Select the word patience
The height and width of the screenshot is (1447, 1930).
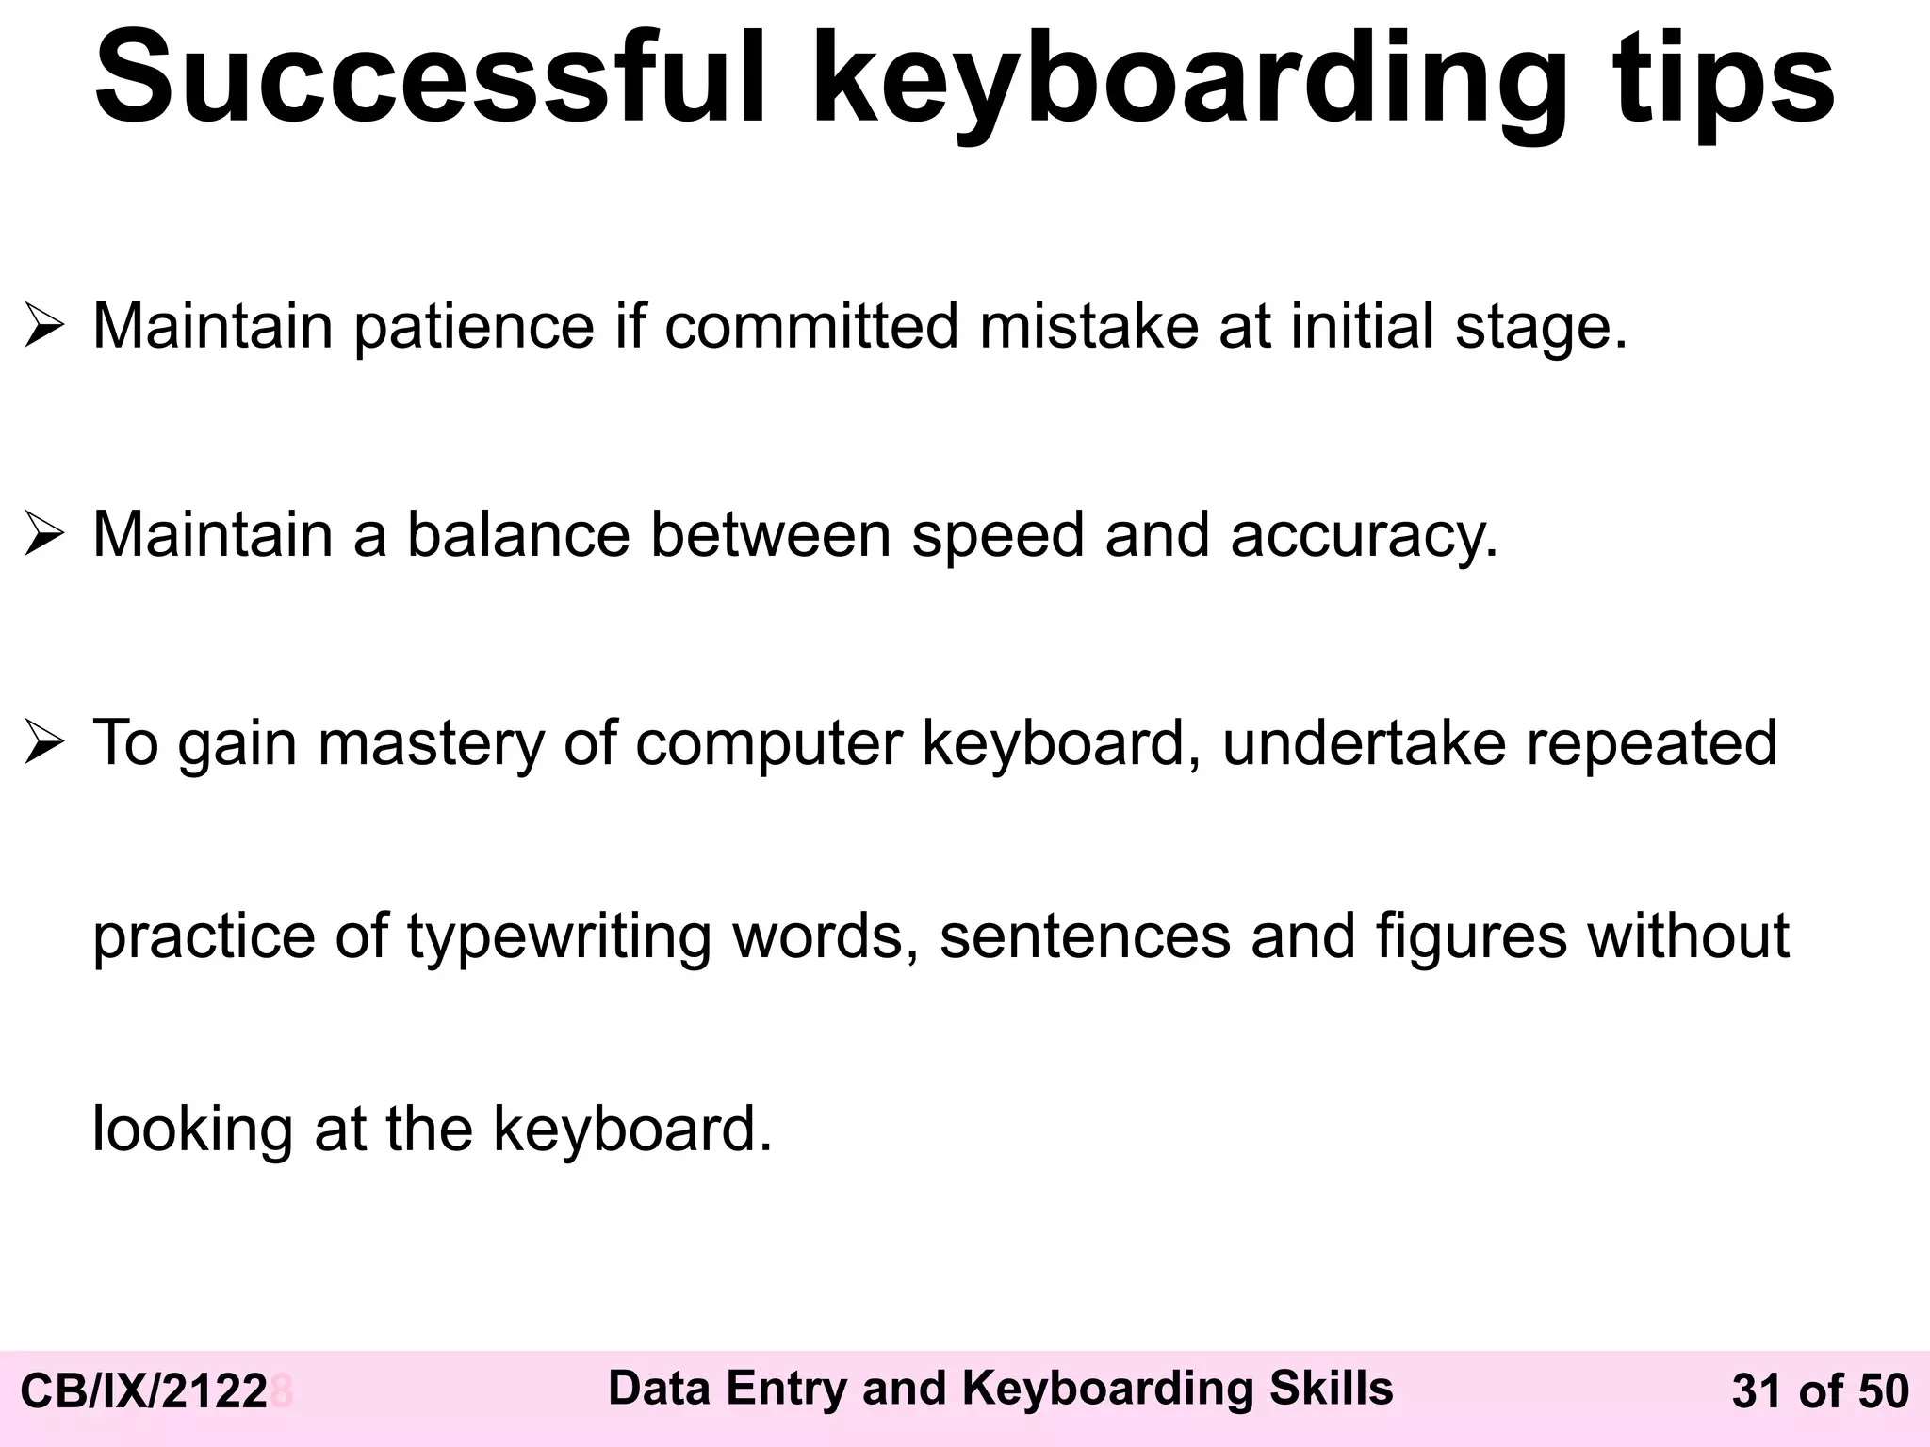click(x=474, y=327)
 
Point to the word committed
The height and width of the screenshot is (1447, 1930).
click(x=811, y=327)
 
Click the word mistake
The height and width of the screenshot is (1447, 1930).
click(x=1088, y=327)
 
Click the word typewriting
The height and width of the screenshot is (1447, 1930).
click(x=559, y=936)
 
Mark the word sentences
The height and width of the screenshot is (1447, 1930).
click(x=1085, y=936)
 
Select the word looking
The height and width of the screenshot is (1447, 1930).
click(x=192, y=1130)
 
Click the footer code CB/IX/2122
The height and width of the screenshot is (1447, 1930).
click(x=144, y=1392)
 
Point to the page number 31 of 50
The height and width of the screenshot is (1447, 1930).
click(x=1820, y=1392)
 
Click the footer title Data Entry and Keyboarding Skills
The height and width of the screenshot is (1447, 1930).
click(x=1000, y=1389)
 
